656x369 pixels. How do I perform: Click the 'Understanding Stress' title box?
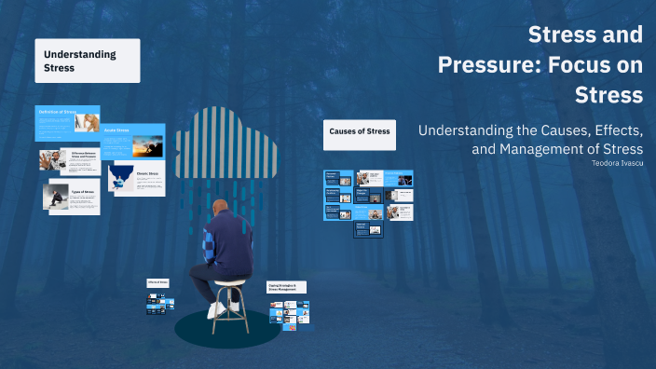point(88,61)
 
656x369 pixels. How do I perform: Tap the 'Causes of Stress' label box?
point(360,133)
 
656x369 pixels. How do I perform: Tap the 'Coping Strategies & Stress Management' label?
point(286,288)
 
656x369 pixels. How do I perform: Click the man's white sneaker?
point(217,308)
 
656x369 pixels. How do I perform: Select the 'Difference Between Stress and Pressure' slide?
point(69,159)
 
